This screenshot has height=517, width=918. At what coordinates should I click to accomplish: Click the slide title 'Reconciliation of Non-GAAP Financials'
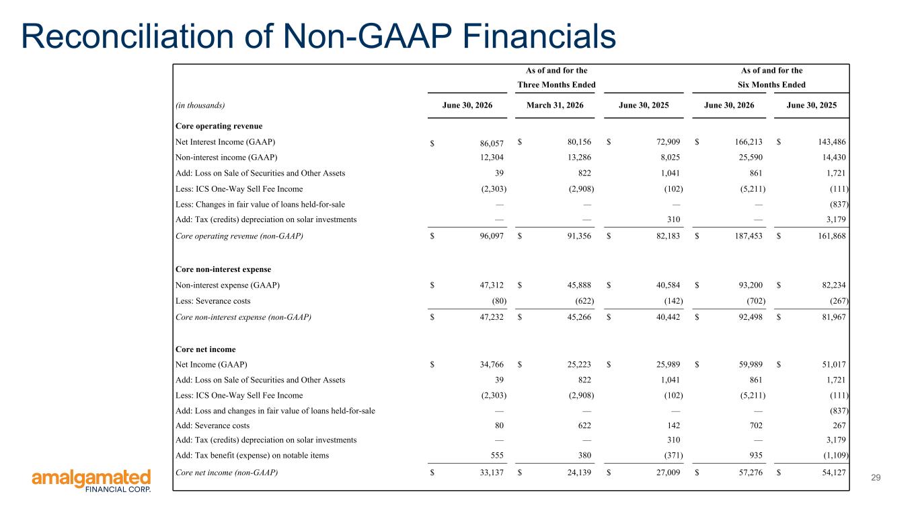click(x=318, y=36)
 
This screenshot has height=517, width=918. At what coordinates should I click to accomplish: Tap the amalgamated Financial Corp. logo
click(x=91, y=481)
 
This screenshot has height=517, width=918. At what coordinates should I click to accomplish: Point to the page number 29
click(x=876, y=477)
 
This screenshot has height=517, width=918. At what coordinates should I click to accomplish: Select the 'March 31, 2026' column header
click(x=555, y=106)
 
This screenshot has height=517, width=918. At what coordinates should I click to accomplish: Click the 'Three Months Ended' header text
click(x=556, y=85)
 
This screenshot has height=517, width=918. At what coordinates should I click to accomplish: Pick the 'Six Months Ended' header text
click(x=771, y=85)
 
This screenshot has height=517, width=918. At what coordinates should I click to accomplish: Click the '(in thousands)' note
click(x=200, y=106)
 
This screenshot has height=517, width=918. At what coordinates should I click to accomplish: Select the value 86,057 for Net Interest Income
click(x=492, y=143)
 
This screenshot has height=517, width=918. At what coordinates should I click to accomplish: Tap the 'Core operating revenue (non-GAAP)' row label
click(x=239, y=236)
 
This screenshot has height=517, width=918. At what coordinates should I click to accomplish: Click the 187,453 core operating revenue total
click(x=749, y=236)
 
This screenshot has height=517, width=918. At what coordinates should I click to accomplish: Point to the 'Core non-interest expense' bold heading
click(x=223, y=269)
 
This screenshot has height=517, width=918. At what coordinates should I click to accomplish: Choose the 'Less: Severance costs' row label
click(x=213, y=301)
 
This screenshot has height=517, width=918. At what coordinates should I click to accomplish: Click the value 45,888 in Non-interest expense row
click(x=579, y=285)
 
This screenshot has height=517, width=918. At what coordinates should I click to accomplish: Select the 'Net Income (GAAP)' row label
click(x=211, y=365)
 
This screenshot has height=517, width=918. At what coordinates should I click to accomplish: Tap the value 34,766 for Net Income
click(x=492, y=364)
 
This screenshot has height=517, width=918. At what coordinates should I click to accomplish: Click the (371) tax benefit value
click(x=673, y=456)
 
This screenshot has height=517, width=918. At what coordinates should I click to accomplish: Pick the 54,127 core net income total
click(x=833, y=473)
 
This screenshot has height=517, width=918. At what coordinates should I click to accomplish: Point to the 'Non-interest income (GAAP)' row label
click(x=226, y=158)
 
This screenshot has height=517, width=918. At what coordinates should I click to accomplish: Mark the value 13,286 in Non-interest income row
click(x=579, y=158)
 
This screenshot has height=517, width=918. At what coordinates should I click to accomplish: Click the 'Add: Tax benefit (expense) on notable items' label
click(x=252, y=456)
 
